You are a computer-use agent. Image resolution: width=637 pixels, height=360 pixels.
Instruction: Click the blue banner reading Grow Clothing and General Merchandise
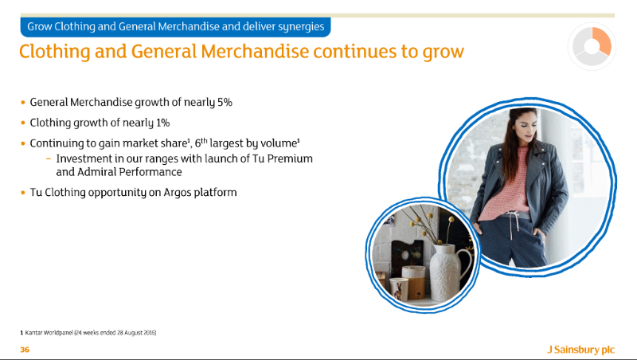pyautogui.click(x=175, y=27)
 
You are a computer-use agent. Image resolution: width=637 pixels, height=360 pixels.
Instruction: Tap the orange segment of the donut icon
pyautogui.click(x=602, y=40)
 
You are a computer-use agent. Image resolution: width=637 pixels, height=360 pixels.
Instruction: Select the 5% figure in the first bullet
pyautogui.click(x=225, y=102)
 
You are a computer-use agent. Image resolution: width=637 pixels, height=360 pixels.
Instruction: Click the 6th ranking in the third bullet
pyautogui.click(x=201, y=143)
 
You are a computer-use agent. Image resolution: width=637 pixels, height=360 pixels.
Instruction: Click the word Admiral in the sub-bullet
pyautogui.click(x=96, y=172)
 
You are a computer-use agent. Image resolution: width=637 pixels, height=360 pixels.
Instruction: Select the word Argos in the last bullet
pyautogui.click(x=177, y=193)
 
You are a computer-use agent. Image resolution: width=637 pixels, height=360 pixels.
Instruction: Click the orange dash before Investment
pyautogui.click(x=49, y=158)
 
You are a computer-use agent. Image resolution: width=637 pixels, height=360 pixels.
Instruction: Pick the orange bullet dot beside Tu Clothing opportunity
pyautogui.click(x=23, y=193)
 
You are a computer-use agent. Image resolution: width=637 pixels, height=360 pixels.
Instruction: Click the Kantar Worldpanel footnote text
pyautogui.click(x=88, y=333)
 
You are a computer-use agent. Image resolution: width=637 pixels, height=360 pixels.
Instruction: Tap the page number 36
pyautogui.click(x=25, y=350)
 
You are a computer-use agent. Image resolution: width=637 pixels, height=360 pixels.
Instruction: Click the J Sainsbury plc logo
pyautogui.click(x=580, y=350)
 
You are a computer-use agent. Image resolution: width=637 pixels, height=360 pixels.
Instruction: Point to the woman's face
pyautogui.click(x=525, y=127)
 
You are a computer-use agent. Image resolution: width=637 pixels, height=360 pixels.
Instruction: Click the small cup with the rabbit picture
pyautogui.click(x=399, y=289)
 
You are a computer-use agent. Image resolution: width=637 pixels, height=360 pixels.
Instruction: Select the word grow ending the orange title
pyautogui.click(x=443, y=53)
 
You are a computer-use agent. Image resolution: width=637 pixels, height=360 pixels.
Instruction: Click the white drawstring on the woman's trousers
pyautogui.click(x=510, y=228)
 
